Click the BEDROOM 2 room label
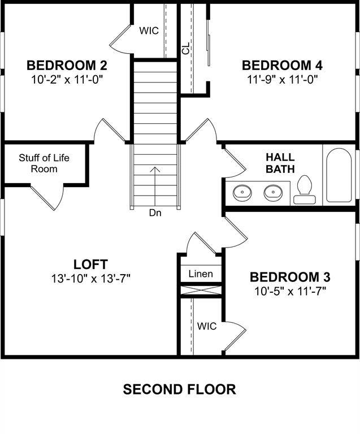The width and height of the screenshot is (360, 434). coord(67,65)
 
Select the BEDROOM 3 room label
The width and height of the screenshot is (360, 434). coord(290,277)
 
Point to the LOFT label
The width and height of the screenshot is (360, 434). coord(90,264)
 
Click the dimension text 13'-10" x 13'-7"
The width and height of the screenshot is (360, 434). coord(90,278)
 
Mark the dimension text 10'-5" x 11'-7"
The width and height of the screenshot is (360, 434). coord(290,291)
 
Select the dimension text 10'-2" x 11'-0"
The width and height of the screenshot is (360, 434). coord(67,79)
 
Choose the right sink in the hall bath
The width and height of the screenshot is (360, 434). coord(274,193)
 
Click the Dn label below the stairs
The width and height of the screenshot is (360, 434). coord(155,213)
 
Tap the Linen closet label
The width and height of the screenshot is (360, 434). coord(201,274)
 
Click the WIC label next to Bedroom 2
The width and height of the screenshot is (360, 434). coord(149,30)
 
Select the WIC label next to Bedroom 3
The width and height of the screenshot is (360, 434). coord(206,326)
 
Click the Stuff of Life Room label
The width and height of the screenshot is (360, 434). coord(44,163)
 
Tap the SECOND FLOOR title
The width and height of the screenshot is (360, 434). coord(180,389)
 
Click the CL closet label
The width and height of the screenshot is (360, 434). coord(186,50)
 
